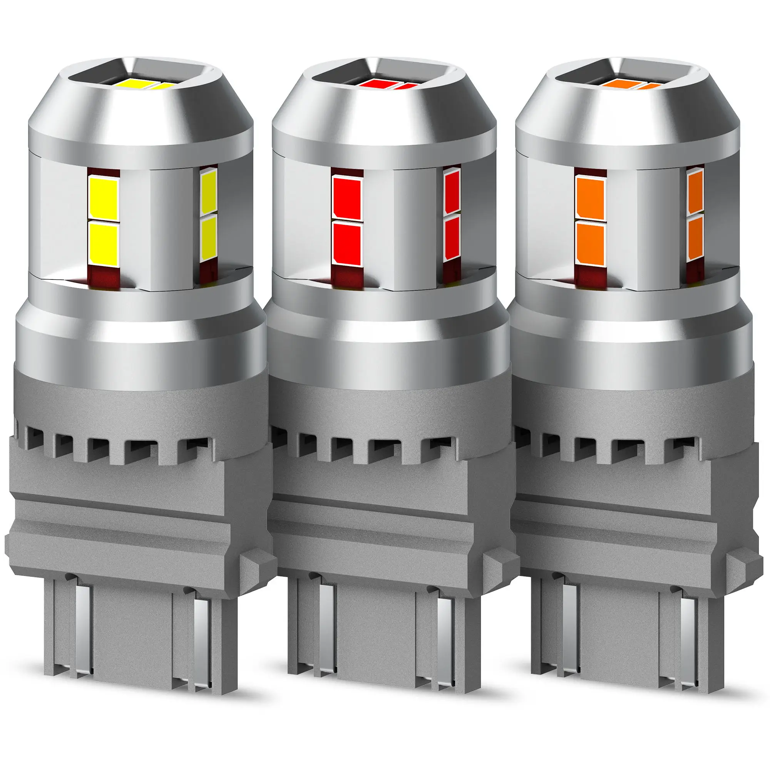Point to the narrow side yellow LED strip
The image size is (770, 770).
(208, 215)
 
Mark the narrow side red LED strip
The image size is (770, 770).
(452, 215)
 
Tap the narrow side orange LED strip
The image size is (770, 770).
(695, 215)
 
